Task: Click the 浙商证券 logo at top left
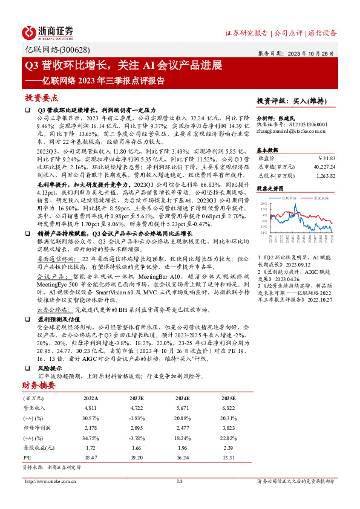(48, 32)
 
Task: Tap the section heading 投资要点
(41, 97)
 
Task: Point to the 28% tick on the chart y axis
(264, 204)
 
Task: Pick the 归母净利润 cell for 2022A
(89, 426)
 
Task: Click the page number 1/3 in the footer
(179, 481)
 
